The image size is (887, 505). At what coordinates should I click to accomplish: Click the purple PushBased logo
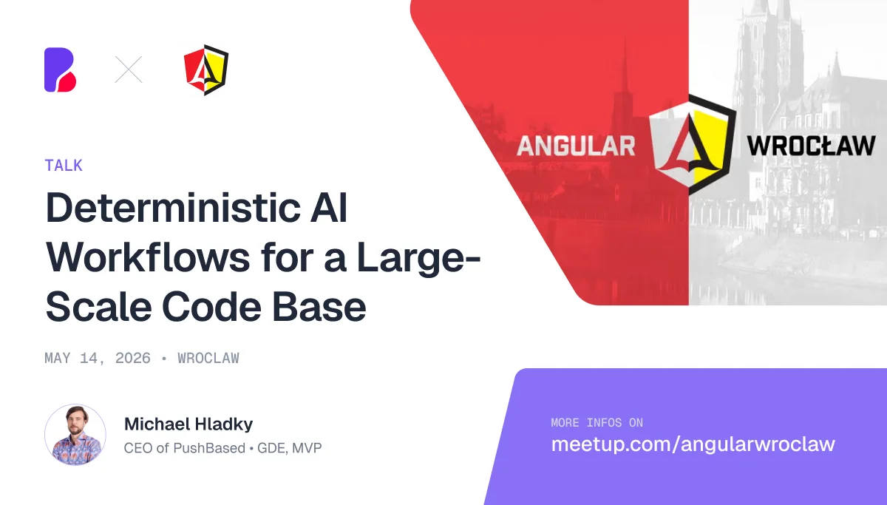tap(60, 70)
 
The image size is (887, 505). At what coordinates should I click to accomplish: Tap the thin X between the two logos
tap(129, 70)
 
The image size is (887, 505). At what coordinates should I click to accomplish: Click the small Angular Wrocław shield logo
tap(206, 70)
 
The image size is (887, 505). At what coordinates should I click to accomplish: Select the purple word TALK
tap(64, 166)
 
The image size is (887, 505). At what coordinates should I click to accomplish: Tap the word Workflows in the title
tap(148, 257)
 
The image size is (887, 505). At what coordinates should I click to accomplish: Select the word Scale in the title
tap(98, 307)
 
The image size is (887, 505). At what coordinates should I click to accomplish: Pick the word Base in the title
tap(319, 307)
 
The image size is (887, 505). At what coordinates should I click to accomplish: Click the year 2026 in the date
tap(132, 359)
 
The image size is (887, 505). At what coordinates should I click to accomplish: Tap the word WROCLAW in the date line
tap(208, 359)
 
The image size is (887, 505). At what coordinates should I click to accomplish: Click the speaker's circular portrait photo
tap(75, 435)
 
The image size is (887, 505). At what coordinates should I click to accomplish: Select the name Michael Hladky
tap(188, 424)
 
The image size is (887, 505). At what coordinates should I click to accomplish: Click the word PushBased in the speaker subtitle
tap(209, 448)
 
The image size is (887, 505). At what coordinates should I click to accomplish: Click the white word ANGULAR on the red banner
tap(576, 146)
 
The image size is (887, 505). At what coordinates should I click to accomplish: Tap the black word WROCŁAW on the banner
tap(811, 146)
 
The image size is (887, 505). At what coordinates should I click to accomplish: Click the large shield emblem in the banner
tap(693, 145)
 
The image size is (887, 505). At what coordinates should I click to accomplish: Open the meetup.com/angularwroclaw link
tap(693, 444)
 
